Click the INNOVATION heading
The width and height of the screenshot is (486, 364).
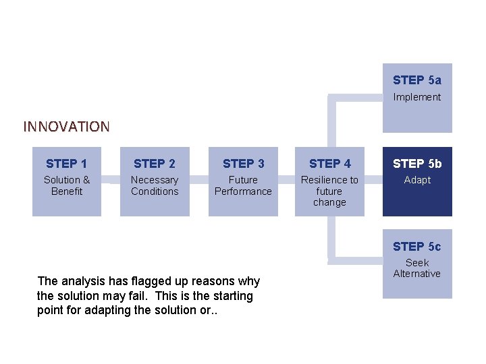pyautogui.click(x=66, y=127)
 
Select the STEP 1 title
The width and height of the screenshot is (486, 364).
pyautogui.click(x=66, y=164)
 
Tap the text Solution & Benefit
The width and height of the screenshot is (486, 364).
pyautogui.click(x=66, y=185)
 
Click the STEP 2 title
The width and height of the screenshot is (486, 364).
pyautogui.click(x=155, y=164)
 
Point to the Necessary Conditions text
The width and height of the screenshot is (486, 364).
pyautogui.click(x=155, y=185)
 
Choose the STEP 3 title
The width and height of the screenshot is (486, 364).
pyautogui.click(x=243, y=164)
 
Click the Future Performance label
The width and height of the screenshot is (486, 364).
pyautogui.click(x=243, y=185)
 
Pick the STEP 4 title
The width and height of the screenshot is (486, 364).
pyautogui.click(x=329, y=164)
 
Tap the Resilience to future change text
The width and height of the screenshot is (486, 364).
pyautogui.click(x=329, y=191)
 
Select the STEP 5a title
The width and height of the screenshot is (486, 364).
pyautogui.click(x=417, y=80)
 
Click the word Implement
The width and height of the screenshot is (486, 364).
pyautogui.click(x=417, y=97)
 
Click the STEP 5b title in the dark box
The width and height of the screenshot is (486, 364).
pyautogui.click(x=417, y=164)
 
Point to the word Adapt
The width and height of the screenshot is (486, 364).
pyautogui.click(x=417, y=180)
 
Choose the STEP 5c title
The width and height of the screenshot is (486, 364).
pyautogui.click(x=417, y=247)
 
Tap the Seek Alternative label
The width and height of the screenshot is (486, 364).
pyautogui.click(x=417, y=268)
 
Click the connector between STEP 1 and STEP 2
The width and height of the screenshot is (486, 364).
pyautogui.click(x=111, y=180)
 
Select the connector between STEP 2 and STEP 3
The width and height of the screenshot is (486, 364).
pyautogui.click(x=198, y=180)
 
